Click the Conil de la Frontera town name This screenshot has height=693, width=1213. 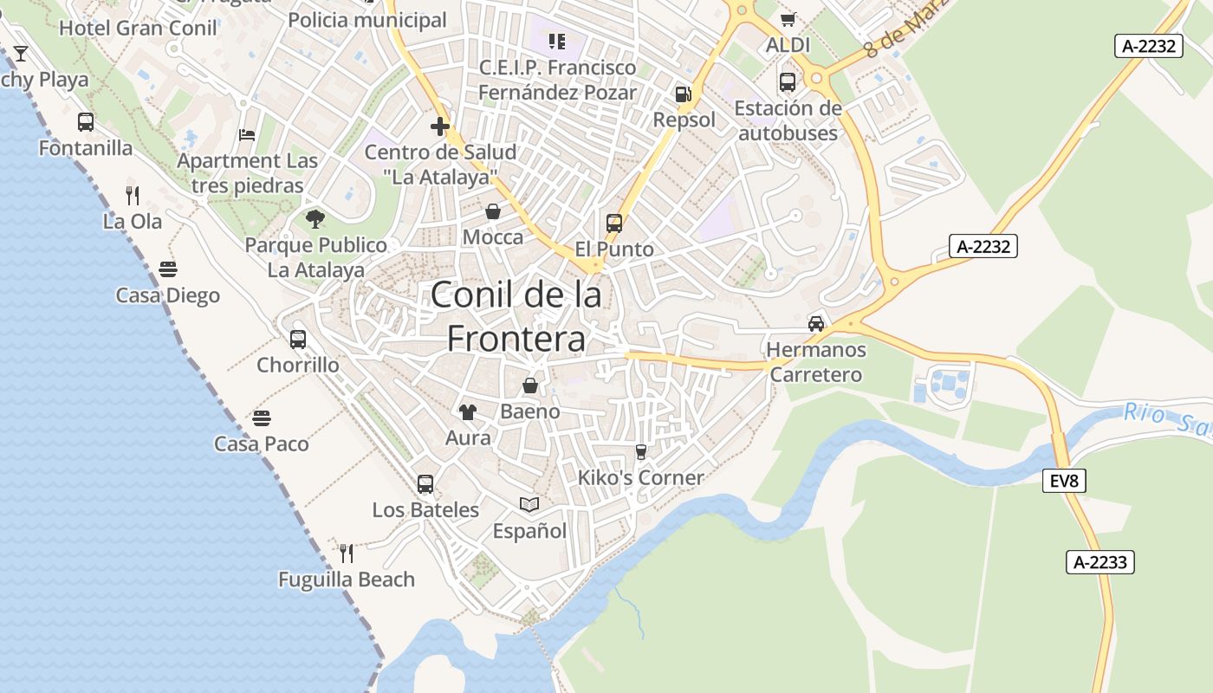click(516, 316)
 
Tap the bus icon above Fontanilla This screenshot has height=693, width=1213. click(85, 122)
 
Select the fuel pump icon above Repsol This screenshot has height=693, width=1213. click(684, 94)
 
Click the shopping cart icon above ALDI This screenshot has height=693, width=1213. click(788, 19)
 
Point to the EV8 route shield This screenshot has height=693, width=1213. click(1063, 481)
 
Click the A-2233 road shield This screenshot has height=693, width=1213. click(1099, 562)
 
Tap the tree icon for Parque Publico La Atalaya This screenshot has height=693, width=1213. click(315, 219)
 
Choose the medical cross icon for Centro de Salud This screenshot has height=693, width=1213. click(439, 126)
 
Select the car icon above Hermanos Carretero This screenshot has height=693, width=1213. click(815, 324)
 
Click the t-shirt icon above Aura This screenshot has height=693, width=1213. click(468, 412)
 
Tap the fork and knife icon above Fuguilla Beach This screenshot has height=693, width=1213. click(347, 553)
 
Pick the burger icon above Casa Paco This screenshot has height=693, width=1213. click(262, 418)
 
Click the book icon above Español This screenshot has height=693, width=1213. click(529, 504)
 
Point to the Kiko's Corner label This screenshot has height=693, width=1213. click(641, 477)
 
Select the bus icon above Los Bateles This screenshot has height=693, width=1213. click(425, 484)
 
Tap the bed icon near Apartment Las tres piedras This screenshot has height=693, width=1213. click(247, 135)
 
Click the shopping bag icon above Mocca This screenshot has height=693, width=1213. click(493, 211)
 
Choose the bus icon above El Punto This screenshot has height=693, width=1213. click(614, 223)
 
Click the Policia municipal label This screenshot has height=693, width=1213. click(367, 20)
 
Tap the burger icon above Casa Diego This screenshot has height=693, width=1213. click(168, 269)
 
